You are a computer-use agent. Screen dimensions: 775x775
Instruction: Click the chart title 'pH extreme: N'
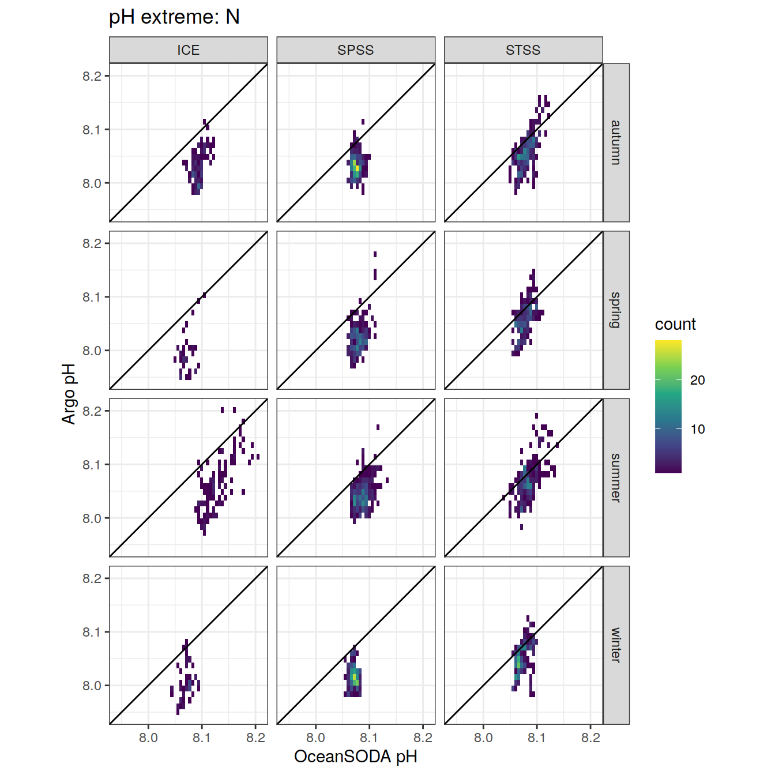174,17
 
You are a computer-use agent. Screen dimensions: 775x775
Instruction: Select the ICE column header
189,50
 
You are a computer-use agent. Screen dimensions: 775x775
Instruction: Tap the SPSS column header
356,50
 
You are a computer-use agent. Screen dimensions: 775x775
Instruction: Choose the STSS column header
523,50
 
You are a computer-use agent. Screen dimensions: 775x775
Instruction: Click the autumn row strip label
616,142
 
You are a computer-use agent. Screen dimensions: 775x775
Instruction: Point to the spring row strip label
616,310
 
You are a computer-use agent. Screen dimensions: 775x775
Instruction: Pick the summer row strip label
616,477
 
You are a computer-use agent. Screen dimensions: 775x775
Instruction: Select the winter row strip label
616,645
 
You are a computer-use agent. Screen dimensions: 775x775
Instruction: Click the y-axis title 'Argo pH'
69,394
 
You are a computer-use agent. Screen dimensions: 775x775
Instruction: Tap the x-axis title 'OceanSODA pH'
356,756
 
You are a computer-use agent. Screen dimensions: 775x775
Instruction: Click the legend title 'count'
675,324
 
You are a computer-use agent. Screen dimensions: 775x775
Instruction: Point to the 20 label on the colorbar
698,380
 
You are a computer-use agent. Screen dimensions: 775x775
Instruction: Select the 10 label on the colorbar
698,429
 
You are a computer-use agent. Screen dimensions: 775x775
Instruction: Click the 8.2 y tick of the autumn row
92,76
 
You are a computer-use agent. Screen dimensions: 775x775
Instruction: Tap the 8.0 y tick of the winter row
92,686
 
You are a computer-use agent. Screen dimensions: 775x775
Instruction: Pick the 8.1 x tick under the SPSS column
369,738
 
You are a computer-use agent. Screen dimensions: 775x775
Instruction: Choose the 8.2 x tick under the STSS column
590,738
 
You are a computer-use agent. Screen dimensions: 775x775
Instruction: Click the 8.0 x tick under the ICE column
148,738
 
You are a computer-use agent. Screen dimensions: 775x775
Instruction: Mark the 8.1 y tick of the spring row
92,297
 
